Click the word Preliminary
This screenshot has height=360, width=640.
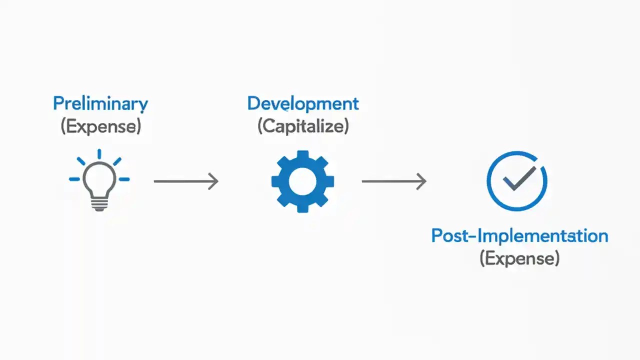(x=100, y=104)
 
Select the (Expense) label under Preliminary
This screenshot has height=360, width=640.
(x=100, y=126)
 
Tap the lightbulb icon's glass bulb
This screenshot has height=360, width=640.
(x=99, y=179)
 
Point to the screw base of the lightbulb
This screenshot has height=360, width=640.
(x=99, y=203)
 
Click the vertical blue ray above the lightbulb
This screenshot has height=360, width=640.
(x=99, y=154)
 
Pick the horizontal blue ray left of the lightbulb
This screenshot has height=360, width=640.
(x=74, y=179)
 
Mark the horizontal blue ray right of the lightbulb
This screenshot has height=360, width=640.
(x=124, y=179)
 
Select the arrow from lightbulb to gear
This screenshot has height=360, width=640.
(x=185, y=181)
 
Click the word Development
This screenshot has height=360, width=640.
(x=303, y=104)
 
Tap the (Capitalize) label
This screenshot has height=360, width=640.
(x=303, y=126)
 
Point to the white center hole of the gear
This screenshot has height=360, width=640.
(x=302, y=181)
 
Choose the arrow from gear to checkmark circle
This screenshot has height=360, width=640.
(x=393, y=181)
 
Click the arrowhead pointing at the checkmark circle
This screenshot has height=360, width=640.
(x=421, y=181)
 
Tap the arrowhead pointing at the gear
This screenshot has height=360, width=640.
(x=213, y=181)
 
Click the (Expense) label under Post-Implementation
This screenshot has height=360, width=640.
(x=519, y=258)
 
